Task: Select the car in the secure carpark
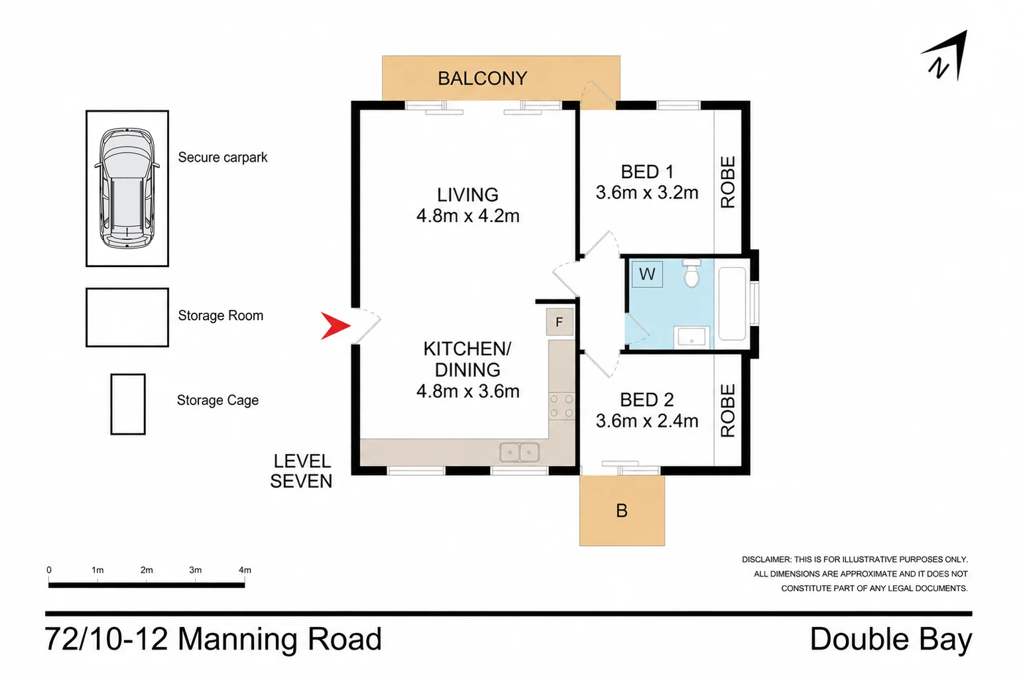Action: [x=127, y=188]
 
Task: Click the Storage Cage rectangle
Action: [x=128, y=404]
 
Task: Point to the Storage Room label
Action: [x=221, y=315]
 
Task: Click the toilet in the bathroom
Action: [x=692, y=273]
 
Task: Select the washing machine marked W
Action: [x=647, y=274]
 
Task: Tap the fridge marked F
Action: [x=560, y=322]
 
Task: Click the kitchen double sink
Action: [x=520, y=452]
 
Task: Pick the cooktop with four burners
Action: [x=562, y=406]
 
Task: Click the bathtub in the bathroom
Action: [x=732, y=304]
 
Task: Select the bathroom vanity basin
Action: [x=691, y=337]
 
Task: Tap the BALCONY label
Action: [x=482, y=79]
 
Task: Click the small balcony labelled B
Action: [x=622, y=511]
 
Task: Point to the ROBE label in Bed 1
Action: [x=728, y=182]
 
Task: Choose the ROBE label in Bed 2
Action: [x=728, y=411]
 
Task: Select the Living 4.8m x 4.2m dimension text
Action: [x=467, y=216]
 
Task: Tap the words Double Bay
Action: [x=891, y=639]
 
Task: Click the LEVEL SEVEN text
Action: [x=301, y=471]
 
